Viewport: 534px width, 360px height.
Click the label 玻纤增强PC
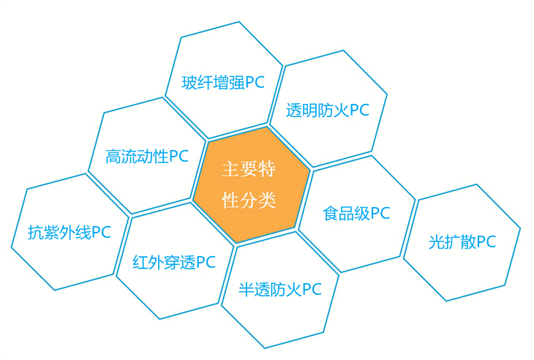point(223,83)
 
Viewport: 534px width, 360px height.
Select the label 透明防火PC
point(328,110)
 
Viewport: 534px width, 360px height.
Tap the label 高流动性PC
point(147,157)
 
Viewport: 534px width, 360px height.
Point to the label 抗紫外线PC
point(69,233)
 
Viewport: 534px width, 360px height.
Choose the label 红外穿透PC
point(174,263)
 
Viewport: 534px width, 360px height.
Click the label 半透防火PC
point(280,290)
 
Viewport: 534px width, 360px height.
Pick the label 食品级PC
point(356,214)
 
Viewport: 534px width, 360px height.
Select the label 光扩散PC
point(462,242)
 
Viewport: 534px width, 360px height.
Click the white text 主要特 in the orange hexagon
point(249,168)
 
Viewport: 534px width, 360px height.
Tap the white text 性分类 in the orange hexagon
point(249,200)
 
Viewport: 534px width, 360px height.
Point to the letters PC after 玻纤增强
point(255,83)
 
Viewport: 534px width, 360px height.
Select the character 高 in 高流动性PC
point(113,157)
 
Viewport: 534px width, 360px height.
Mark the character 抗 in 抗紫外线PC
point(35,233)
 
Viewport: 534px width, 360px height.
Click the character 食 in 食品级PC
point(331,214)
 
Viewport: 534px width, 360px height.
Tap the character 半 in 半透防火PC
point(246,290)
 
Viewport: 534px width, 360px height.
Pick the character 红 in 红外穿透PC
point(140,263)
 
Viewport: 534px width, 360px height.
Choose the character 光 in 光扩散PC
point(436,242)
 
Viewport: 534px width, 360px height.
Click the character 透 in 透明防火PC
point(294,110)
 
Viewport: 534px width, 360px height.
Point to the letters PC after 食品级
point(380,213)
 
